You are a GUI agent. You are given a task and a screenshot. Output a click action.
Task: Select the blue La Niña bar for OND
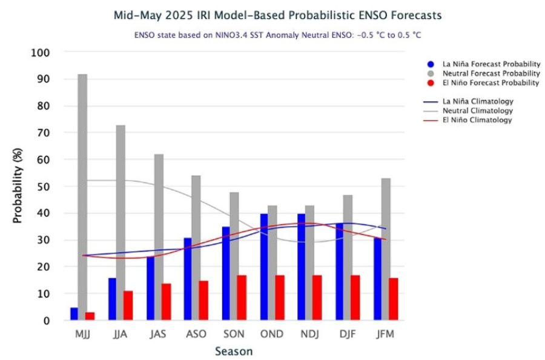pos(263,267)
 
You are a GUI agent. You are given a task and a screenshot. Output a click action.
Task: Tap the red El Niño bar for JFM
pos(393,299)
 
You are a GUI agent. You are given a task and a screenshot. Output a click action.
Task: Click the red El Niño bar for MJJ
pos(90,316)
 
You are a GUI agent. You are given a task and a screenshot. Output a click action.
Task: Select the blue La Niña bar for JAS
pos(150,288)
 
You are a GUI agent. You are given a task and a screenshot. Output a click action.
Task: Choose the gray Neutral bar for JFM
pos(386,249)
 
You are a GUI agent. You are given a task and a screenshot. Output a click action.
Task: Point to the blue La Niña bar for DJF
pos(340,272)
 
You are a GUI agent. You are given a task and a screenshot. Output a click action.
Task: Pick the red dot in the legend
pos(430,82)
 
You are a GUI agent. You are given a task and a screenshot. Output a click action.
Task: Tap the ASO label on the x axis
pos(196,334)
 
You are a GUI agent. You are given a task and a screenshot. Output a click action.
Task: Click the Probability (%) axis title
pos(18,186)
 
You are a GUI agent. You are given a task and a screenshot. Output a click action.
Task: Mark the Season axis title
pos(233,352)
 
